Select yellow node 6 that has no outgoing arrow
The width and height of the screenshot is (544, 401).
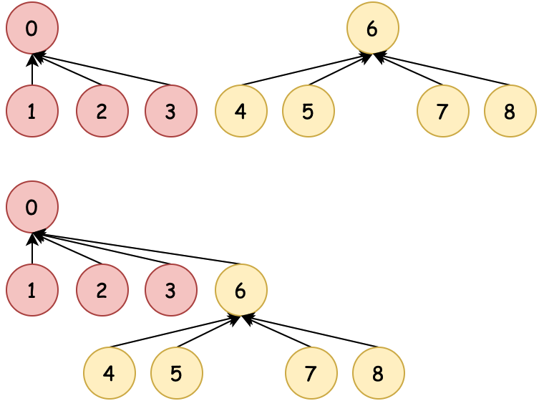coord(372,29)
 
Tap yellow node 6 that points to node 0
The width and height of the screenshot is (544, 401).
coord(241,291)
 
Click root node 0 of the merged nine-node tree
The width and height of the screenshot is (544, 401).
coord(31,208)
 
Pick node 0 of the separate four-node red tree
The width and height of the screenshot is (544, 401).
coord(31,29)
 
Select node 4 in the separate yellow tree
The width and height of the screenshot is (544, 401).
coord(241,112)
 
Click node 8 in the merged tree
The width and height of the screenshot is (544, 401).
coord(378,374)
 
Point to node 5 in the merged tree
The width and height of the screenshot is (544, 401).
coord(176,374)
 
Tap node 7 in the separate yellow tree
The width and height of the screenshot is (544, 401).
coord(443,112)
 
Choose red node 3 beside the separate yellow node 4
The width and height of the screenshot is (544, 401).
coord(170,112)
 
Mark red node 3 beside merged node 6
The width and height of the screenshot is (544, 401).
coord(170,291)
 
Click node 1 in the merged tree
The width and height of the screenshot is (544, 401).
coord(31,291)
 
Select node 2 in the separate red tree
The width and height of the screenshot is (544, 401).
coord(102,112)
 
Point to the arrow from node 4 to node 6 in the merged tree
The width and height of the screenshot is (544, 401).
coord(175,332)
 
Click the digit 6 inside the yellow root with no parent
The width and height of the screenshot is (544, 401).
coord(372,29)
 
